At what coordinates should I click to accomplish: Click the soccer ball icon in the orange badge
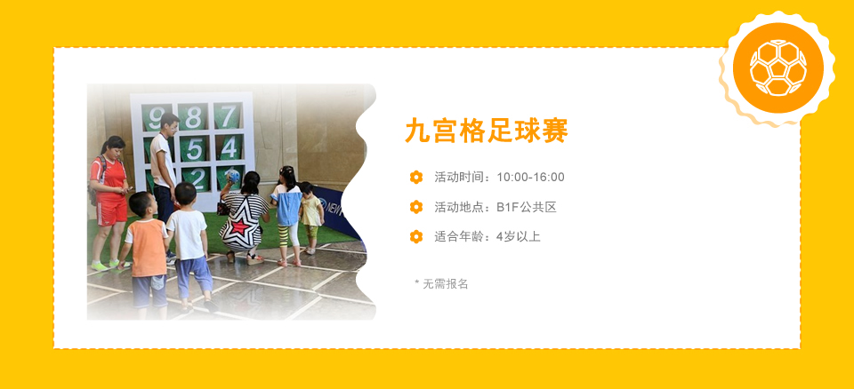coord(777,68)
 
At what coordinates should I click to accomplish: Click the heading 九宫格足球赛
coord(487,131)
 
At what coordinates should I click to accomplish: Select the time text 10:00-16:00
coord(530,177)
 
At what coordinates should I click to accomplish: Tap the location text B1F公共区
coord(526,207)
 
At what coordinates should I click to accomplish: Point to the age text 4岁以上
coord(518,236)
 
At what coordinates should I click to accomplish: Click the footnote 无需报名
coord(446,284)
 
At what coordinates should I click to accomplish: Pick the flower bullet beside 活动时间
coord(416,177)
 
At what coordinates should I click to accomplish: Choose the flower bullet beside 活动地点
coord(416,207)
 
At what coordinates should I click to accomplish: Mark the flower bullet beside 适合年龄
coord(416,236)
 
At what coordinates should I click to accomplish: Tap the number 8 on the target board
coord(193,117)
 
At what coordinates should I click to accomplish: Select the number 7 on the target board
coord(228,115)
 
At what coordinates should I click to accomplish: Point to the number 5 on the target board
coord(194,149)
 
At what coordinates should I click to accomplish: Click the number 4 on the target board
coord(230,147)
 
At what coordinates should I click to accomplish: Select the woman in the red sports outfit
coord(109,202)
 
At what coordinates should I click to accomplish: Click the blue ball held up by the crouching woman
coord(234,175)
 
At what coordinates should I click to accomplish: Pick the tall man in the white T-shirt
coord(164,169)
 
